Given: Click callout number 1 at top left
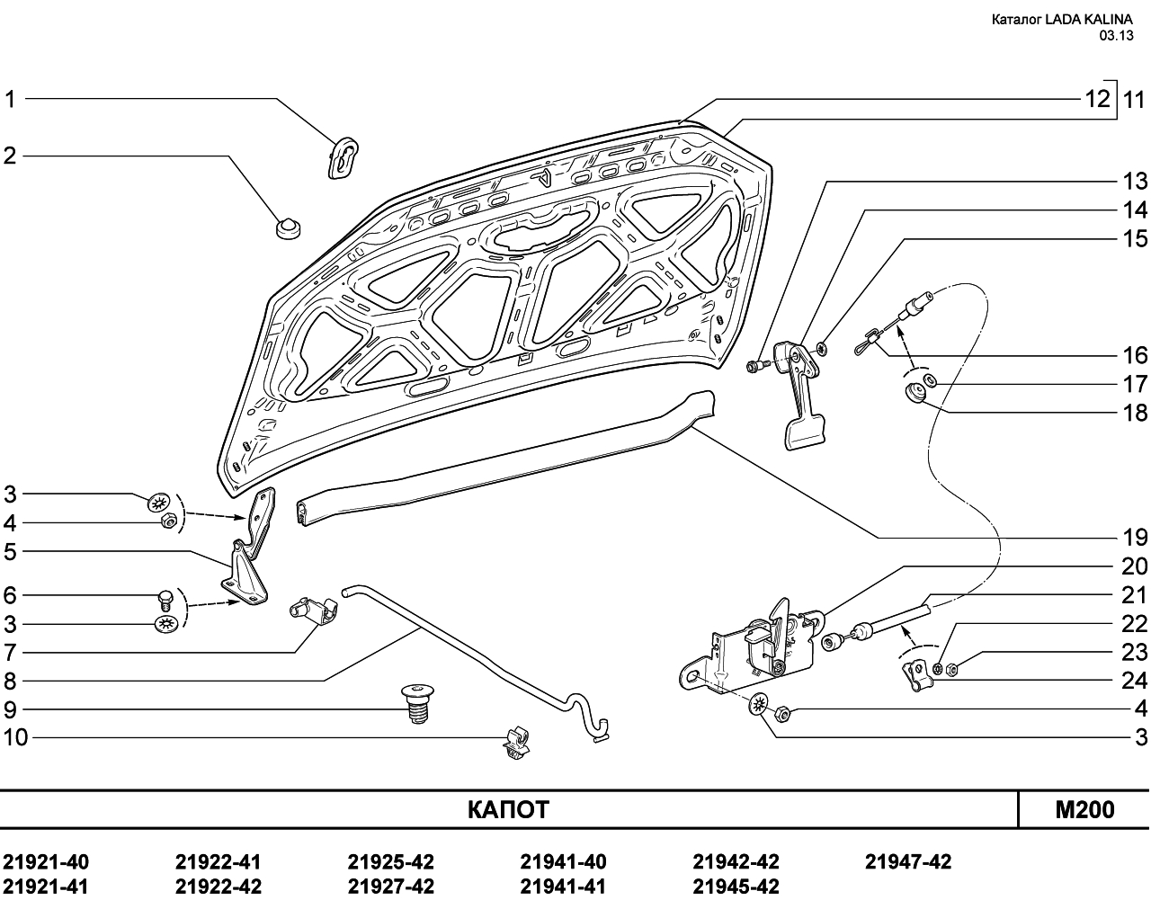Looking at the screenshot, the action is (x=10, y=100).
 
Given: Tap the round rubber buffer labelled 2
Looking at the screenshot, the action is (x=289, y=227).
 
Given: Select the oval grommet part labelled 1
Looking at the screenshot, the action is (x=343, y=158).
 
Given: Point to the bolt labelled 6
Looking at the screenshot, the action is (x=165, y=601).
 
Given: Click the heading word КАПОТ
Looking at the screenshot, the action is (x=508, y=809).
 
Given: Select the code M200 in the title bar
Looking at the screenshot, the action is (x=1084, y=809).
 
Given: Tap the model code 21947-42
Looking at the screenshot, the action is (x=908, y=862).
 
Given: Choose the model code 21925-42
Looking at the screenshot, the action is (x=391, y=862).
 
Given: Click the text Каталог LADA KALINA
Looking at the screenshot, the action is (x=1062, y=20).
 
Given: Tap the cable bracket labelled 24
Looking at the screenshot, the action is (x=917, y=675).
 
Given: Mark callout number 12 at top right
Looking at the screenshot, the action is (x=1099, y=100).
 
